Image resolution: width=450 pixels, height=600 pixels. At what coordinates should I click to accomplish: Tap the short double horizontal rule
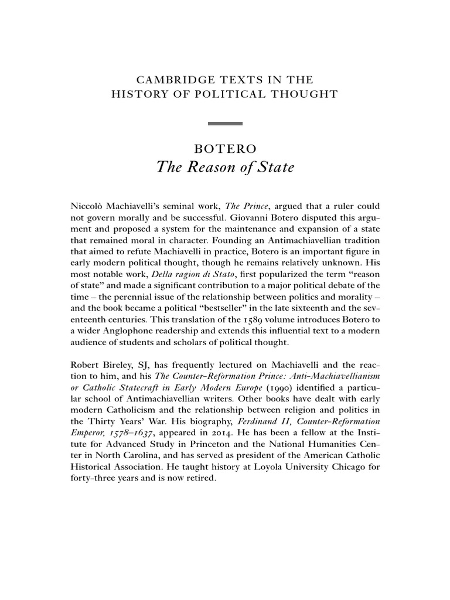[226, 124]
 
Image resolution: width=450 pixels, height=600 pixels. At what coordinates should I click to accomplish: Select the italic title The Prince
[230, 207]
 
